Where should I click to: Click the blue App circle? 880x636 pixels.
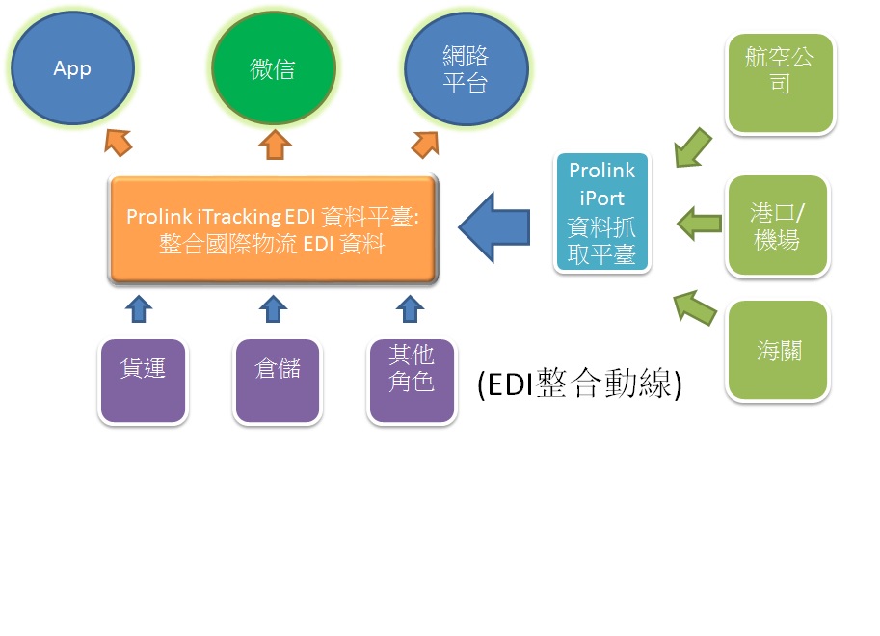[73, 67]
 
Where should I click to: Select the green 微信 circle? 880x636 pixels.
[274, 67]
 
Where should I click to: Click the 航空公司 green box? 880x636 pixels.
[780, 84]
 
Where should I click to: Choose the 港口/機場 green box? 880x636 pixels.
[778, 225]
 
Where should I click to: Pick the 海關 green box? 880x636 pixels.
[778, 351]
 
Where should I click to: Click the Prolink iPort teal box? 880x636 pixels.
[602, 212]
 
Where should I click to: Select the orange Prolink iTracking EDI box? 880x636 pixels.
[273, 229]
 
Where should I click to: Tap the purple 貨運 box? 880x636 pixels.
[143, 381]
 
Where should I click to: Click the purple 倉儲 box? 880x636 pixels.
[278, 381]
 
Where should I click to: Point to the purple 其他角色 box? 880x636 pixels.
[412, 381]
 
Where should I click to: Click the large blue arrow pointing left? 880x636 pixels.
[493, 227]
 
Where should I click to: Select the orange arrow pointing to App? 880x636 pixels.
[119, 143]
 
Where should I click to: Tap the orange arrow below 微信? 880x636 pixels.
[275, 145]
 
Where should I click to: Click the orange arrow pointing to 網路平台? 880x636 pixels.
[425, 145]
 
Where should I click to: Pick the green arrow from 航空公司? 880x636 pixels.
[693, 148]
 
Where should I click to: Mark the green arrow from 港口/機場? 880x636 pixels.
[700, 224]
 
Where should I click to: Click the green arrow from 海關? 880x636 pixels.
[694, 307]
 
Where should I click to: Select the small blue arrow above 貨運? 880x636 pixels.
[139, 308]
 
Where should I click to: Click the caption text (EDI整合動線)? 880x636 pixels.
[579, 384]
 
